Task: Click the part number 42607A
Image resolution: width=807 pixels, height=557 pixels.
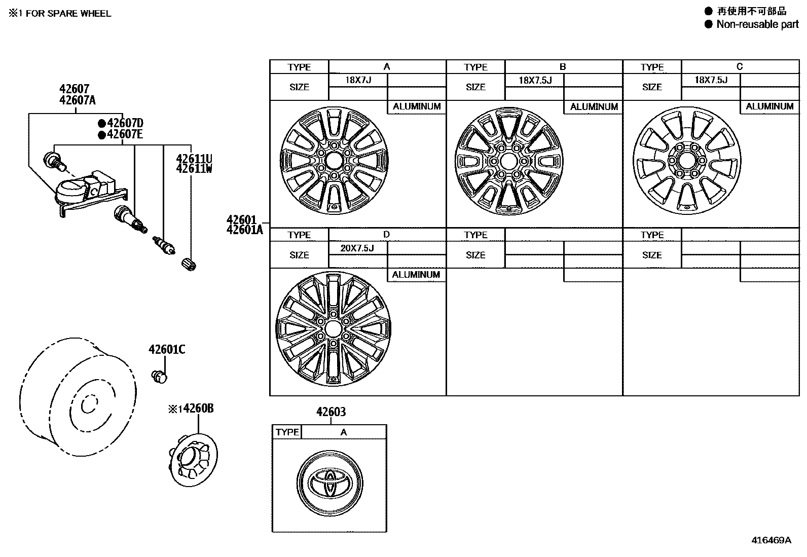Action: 78,100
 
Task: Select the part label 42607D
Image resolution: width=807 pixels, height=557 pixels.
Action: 125,123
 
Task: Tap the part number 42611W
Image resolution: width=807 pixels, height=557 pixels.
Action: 194,169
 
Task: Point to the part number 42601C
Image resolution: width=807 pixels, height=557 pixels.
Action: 167,349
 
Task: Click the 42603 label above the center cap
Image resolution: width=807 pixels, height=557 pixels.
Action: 331,412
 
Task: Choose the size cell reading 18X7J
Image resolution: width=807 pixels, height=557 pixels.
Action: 358,80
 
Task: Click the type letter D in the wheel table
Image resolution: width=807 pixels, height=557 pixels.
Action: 387,235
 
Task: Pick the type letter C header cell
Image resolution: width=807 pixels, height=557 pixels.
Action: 740,67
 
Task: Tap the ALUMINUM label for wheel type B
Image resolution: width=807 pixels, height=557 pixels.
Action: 594,106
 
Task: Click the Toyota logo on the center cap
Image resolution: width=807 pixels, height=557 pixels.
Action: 330,483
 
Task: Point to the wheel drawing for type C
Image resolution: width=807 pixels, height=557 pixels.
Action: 687,161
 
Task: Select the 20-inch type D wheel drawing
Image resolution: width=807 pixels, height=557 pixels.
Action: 333,328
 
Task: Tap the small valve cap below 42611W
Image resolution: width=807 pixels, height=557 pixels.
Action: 189,265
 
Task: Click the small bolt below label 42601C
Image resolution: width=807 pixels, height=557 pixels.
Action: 159,377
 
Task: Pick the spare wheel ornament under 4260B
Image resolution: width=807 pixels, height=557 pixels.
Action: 193,460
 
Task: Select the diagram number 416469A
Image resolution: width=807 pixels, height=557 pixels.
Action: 771,540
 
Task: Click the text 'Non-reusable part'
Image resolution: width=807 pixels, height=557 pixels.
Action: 757,24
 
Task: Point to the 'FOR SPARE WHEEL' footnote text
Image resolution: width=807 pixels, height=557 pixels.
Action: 68,13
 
